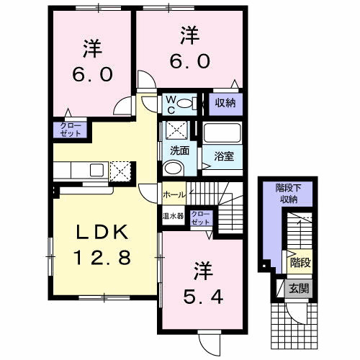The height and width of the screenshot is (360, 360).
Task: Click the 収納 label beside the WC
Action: pos(224,103)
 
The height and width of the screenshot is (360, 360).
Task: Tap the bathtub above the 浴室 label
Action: pos(223,133)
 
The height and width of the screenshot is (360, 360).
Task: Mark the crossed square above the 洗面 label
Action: pos(176,130)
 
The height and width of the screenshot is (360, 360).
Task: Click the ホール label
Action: pos(174,194)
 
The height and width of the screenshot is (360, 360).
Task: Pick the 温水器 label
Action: pos(173,216)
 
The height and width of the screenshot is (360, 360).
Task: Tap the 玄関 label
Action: pos(297,289)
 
